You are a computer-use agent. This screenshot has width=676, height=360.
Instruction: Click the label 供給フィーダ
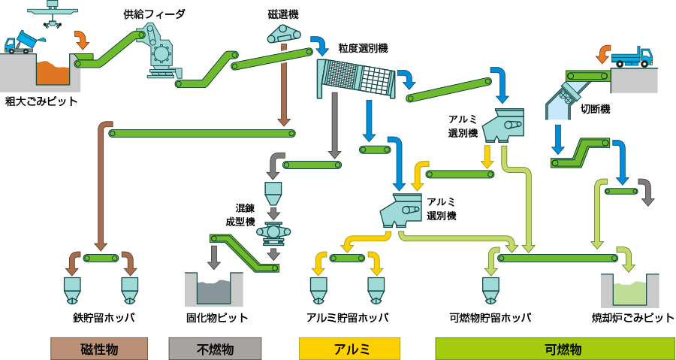[153, 14]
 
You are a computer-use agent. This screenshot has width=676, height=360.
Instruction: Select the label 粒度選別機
[363, 48]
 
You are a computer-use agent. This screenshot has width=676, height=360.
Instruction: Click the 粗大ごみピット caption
[40, 101]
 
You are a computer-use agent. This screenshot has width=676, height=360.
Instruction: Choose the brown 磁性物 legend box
[99, 349]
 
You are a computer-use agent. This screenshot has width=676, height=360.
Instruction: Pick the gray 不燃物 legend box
[215, 349]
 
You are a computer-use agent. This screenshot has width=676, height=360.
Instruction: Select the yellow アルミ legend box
[349, 349]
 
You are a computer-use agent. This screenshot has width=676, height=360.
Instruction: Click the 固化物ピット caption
[216, 317]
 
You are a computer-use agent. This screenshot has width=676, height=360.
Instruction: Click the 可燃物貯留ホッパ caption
[490, 317]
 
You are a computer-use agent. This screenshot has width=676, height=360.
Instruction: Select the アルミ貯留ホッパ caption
[347, 317]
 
